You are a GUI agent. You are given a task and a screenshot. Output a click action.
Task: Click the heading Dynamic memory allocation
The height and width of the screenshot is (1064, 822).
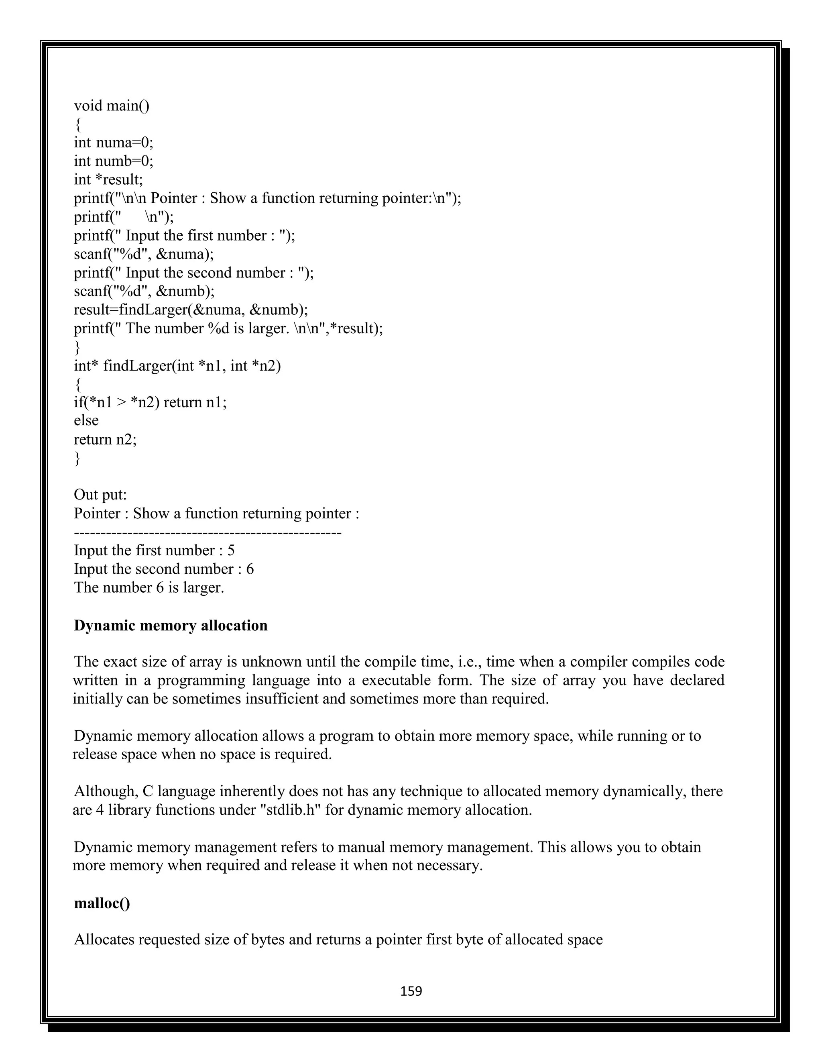click(x=171, y=626)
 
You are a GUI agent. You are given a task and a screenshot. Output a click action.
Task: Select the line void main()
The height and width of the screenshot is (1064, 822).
click(x=112, y=106)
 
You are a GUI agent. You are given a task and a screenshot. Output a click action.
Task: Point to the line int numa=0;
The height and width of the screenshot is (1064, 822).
click(x=114, y=143)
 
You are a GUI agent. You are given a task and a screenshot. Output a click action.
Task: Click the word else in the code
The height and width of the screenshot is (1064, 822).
click(x=86, y=420)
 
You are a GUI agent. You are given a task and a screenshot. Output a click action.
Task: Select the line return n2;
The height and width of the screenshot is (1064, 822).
click(x=105, y=439)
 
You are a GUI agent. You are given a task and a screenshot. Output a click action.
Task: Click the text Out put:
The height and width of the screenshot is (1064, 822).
click(x=100, y=495)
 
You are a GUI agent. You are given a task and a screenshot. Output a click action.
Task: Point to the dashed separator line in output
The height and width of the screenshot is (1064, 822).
click(x=208, y=532)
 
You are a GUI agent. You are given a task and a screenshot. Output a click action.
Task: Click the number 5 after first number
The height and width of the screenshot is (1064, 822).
click(x=231, y=550)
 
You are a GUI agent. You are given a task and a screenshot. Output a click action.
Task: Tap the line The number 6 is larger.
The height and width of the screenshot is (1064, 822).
click(x=149, y=587)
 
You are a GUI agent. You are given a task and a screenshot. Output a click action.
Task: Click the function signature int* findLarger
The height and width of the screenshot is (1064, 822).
click(x=177, y=365)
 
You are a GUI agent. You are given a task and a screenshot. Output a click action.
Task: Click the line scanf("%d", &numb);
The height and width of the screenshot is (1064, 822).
click(x=144, y=291)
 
